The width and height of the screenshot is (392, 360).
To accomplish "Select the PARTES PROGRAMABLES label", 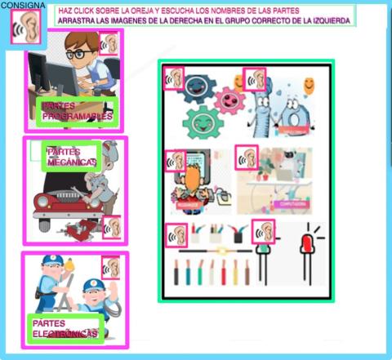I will point(77,112).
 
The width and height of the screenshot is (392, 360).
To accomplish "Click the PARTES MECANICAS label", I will point(71,157).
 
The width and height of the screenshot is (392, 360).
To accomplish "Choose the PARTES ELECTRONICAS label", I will point(65,328).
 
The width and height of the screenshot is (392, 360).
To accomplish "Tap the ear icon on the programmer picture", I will point(110,43).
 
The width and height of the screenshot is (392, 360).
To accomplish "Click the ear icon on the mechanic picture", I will point(112,228).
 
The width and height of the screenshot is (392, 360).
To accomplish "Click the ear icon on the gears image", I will point(175,78).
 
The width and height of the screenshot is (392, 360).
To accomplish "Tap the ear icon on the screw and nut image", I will point(256,79).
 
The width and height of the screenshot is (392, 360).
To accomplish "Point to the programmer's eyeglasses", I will point(79,55).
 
